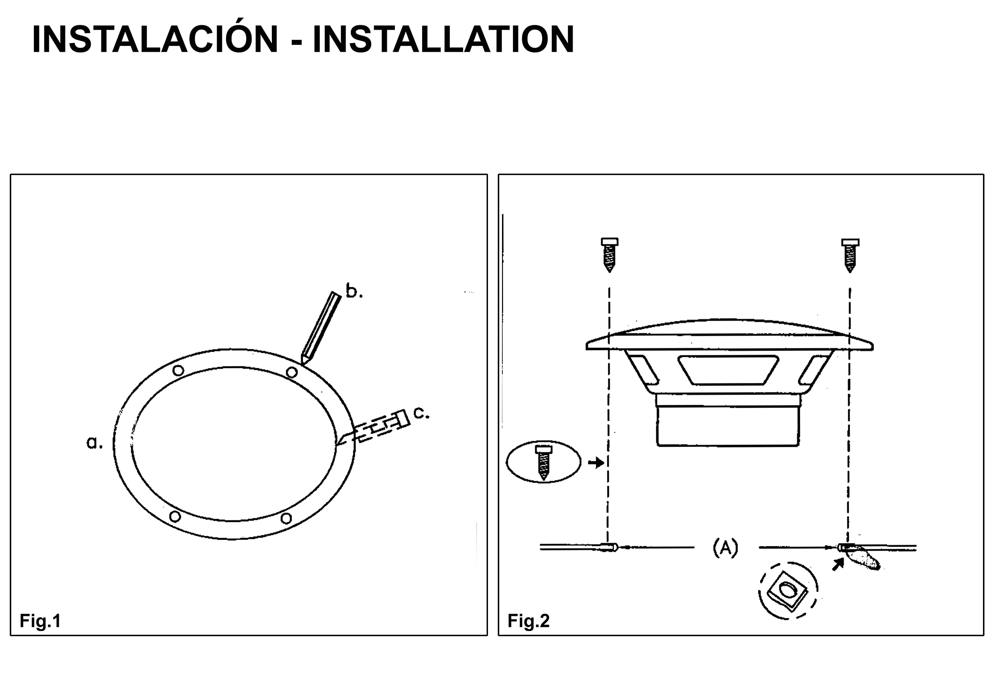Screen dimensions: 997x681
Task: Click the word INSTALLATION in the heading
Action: coord(443,39)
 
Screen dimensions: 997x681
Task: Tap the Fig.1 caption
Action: coord(41,621)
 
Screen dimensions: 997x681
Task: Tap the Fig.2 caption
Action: coord(528,621)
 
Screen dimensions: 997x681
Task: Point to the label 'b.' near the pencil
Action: coord(354,291)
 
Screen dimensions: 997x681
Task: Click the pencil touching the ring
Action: coord(321,328)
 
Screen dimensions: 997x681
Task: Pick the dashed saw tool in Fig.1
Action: coord(373,427)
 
